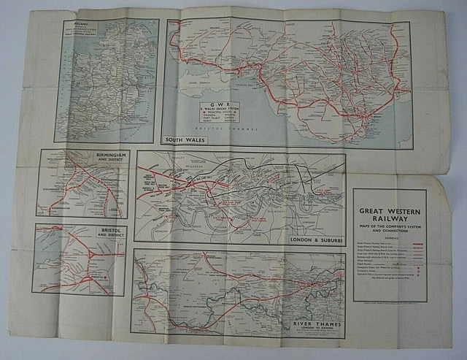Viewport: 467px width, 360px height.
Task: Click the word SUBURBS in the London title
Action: (327, 240)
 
